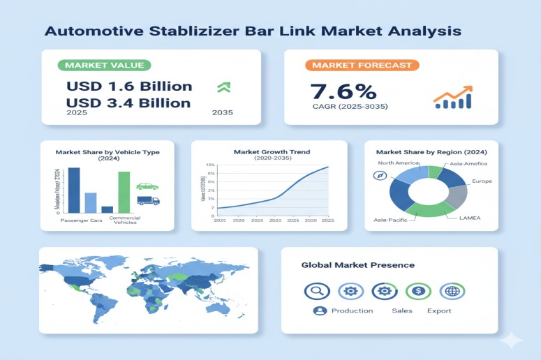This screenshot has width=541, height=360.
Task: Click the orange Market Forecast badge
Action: [362, 66]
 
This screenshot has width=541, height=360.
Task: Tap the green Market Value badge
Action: [105, 66]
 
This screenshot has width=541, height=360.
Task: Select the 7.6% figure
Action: [343, 91]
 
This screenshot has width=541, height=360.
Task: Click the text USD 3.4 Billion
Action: [128, 103]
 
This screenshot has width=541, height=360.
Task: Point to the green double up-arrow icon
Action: [224, 88]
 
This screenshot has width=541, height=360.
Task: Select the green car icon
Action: [147, 186]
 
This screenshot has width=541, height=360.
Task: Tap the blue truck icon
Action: [148, 200]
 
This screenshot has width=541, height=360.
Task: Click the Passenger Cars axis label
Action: [81, 220]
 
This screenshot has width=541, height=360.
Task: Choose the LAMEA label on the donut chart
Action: [469, 218]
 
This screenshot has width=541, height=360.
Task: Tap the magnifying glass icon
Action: [317, 291]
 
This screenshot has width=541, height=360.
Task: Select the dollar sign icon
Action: [418, 291]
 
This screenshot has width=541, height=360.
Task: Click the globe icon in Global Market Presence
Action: [452, 291]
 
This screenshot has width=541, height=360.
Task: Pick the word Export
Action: [439, 310]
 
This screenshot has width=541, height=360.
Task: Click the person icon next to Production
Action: [320, 310]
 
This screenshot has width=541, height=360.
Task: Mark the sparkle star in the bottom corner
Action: [512, 340]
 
